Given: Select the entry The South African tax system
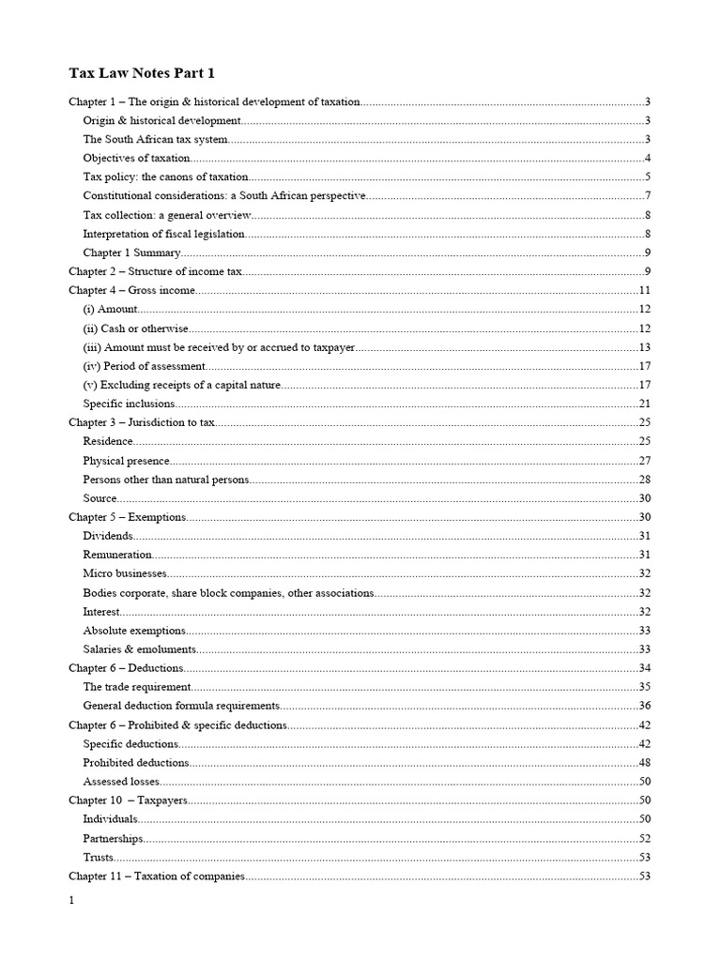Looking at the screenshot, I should click(155, 139).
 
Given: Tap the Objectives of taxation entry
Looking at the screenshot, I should click(136, 158).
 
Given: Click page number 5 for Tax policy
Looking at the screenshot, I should click(648, 176).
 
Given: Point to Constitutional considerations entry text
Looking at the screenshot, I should click(223, 195).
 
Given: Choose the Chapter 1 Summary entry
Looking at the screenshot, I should click(131, 252).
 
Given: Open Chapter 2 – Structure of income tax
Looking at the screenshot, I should click(156, 271).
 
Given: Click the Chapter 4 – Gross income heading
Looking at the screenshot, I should click(132, 290).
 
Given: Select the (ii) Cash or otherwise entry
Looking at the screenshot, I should click(135, 328).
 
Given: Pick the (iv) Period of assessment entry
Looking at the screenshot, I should click(143, 366).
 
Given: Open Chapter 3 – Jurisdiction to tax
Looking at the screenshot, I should click(142, 422).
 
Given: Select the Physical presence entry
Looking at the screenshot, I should click(127, 460).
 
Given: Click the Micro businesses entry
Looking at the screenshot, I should click(125, 573).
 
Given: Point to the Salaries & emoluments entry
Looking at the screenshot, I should click(139, 648).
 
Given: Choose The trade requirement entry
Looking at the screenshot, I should click(130, 687).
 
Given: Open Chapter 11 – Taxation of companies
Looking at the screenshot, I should click(157, 876).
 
